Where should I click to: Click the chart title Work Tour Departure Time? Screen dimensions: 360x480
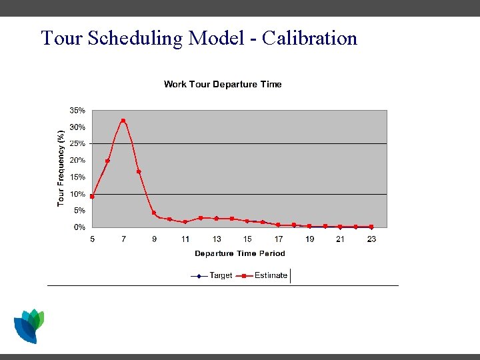pyautogui.click(x=223, y=84)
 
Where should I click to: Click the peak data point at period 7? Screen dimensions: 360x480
pyautogui.click(x=123, y=121)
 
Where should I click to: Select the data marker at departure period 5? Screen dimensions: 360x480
pyautogui.click(x=92, y=196)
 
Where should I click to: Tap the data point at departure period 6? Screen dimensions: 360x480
pyautogui.click(x=107, y=161)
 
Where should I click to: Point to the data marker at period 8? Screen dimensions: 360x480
pyautogui.click(x=139, y=171)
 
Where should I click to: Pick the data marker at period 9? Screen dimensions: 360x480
pyautogui.click(x=154, y=213)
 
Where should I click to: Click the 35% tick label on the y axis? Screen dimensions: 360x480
pyautogui.click(x=77, y=110)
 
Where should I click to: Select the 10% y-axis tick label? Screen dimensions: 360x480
pyautogui.click(x=77, y=194)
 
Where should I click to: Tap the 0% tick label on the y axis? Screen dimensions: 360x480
pyautogui.click(x=79, y=227)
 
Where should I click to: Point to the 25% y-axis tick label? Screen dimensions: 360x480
pyautogui.click(x=77, y=143)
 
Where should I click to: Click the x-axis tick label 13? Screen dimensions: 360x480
pyautogui.click(x=217, y=239)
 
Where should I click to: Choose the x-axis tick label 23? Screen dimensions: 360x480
pyautogui.click(x=371, y=239)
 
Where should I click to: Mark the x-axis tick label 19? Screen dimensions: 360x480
pyautogui.click(x=310, y=239)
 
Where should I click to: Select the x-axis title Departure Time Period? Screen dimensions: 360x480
pyautogui.click(x=239, y=253)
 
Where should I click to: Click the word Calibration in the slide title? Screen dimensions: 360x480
pyautogui.click(x=310, y=38)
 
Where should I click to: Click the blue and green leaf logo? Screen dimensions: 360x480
pyautogui.click(x=29, y=325)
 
